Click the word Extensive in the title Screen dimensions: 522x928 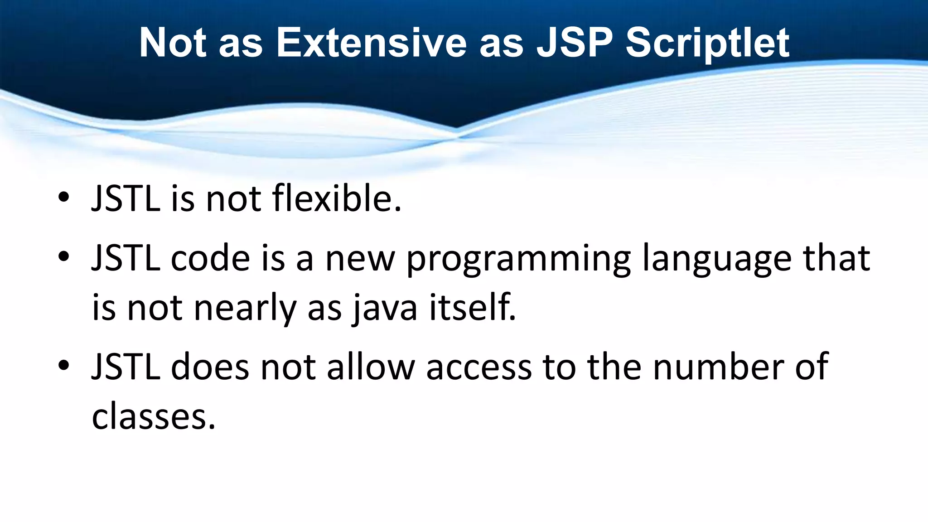tap(371, 43)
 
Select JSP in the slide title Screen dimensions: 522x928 tap(574, 43)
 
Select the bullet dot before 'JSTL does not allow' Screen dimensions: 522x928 tap(63, 365)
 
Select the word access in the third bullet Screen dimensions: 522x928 tap(478, 367)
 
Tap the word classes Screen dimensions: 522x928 tap(153, 417)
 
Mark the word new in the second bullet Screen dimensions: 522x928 tap(360, 259)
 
